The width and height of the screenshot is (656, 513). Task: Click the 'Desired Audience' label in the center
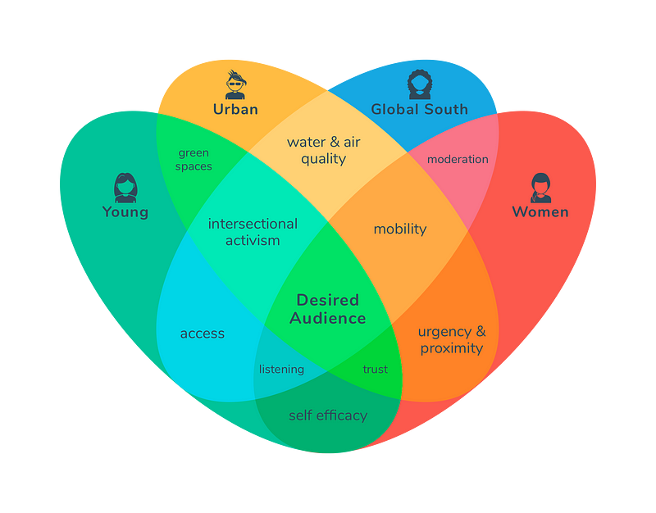(x=327, y=309)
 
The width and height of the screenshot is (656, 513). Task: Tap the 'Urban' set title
(x=235, y=109)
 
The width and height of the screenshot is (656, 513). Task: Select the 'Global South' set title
(x=419, y=109)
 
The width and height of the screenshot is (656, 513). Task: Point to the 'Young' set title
(x=125, y=211)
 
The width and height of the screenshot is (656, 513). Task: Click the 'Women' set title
(x=540, y=211)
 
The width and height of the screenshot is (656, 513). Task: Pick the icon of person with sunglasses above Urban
(x=235, y=84)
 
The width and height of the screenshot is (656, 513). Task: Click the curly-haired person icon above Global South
(x=419, y=84)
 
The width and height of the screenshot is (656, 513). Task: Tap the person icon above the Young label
(x=125, y=188)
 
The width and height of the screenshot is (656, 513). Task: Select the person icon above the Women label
(x=541, y=188)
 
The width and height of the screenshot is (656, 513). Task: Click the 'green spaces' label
(x=194, y=159)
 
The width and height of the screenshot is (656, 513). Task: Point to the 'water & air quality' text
(x=323, y=150)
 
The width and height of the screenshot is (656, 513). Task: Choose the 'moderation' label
(x=458, y=159)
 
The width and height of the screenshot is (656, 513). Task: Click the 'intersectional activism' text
(x=253, y=232)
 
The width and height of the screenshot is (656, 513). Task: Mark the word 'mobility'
(x=400, y=229)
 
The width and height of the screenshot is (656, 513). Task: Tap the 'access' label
(x=203, y=334)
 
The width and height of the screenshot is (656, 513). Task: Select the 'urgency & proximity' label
(x=452, y=339)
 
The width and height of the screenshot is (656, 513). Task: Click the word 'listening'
(x=281, y=369)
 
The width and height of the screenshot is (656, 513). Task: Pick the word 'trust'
(x=375, y=369)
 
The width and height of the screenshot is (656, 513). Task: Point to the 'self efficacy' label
(x=328, y=415)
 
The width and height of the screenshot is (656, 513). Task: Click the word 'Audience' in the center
(x=327, y=318)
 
